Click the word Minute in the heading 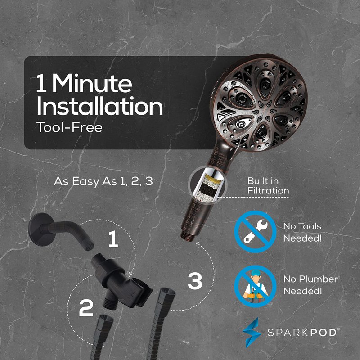[92, 83]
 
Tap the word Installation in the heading [99, 106]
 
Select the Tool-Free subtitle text [69, 127]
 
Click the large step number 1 [113, 239]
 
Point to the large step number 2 [86, 308]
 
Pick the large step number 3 [195, 280]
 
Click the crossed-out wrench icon [255, 232]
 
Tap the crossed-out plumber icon [255, 286]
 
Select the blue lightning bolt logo [252, 333]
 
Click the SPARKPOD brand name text [303, 333]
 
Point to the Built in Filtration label [268, 186]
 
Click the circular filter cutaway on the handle [207, 185]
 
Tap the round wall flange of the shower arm [38, 229]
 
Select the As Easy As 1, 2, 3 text [103, 182]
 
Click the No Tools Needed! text [302, 232]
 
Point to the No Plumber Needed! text [310, 285]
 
